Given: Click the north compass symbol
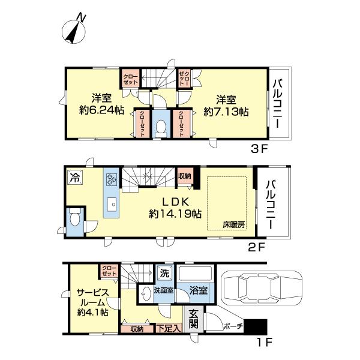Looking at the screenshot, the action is point(74,30).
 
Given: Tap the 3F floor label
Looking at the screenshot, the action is point(259,149).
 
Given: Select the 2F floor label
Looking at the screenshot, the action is point(257,247).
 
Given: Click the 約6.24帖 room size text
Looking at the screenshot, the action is point(101,110).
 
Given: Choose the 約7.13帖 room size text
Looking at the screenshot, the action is point(226,112).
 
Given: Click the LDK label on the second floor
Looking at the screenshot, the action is point(176,202).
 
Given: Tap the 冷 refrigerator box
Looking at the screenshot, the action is point(75,177).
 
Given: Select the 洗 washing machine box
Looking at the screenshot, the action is point(164,273).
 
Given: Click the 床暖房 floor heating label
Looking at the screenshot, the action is point(234,224).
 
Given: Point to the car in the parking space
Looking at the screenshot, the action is point(261,289).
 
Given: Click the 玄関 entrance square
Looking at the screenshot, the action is point(193,319).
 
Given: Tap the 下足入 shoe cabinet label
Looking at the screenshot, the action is point(169,329).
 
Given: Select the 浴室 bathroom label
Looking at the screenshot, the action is point(199,290).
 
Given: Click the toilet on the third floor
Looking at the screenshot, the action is point(161,127).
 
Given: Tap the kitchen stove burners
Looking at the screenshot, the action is point(112,179).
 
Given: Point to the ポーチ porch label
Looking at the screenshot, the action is point(233,326).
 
